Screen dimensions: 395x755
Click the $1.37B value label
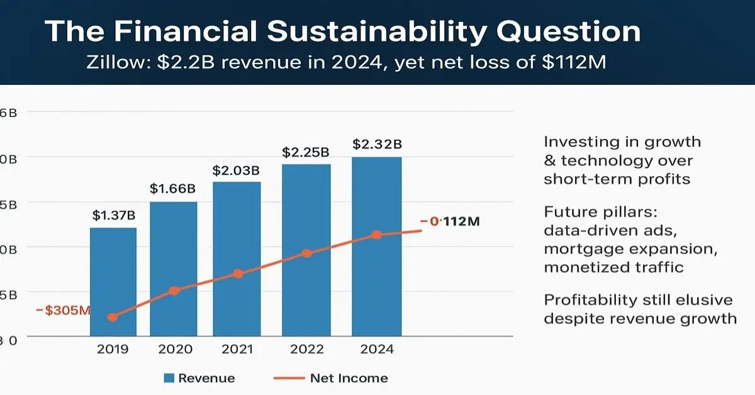(113, 216)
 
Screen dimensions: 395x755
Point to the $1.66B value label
(174, 189)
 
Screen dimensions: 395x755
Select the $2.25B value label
(306, 152)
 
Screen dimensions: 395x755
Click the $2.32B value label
(376, 144)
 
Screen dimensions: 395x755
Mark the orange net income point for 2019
(113, 317)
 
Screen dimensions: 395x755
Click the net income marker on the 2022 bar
(306, 253)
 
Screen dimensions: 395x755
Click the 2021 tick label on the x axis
(237, 350)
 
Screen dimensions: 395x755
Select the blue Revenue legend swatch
(169, 378)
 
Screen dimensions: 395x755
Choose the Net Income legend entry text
(349, 378)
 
